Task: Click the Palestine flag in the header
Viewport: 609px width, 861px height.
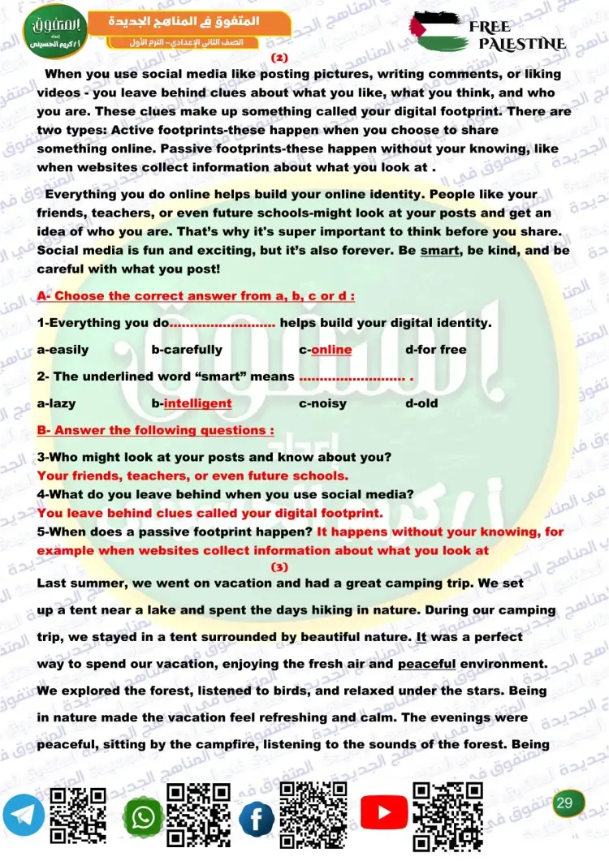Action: click(438, 31)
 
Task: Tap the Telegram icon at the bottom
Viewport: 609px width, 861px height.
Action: click(24, 816)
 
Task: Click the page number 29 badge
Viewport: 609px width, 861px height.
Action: click(565, 803)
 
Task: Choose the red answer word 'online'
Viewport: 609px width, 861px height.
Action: click(331, 350)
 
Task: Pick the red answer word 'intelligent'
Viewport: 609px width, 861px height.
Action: click(197, 403)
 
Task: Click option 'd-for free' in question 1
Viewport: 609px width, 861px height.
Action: click(436, 350)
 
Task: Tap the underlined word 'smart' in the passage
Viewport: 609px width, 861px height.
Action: click(439, 251)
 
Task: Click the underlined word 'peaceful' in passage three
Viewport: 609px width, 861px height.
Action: click(426, 664)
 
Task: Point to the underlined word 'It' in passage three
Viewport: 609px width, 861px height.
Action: click(421, 637)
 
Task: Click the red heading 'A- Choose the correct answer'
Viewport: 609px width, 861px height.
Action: click(196, 295)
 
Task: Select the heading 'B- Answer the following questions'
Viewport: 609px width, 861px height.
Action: click(155, 430)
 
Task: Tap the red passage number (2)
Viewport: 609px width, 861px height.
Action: click(279, 58)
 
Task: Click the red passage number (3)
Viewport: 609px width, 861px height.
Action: click(279, 566)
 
